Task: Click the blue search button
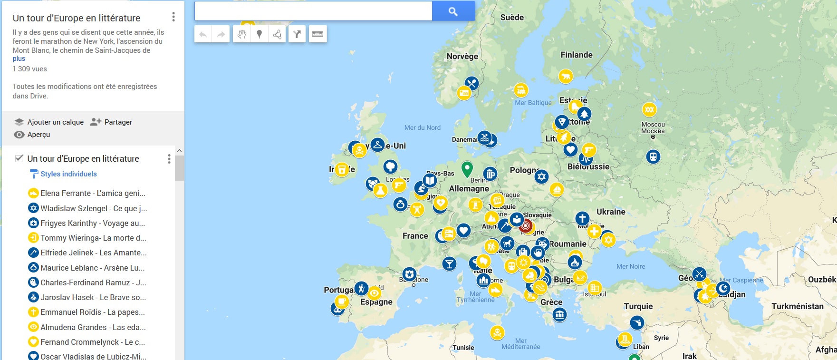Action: coord(453,11)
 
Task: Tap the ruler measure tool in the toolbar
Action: coord(317,34)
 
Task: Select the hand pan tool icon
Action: coord(242,34)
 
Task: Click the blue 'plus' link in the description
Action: coord(19,58)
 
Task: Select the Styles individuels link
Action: coord(68,174)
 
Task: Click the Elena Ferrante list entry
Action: coord(93,193)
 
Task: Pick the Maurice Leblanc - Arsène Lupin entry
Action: coord(92,268)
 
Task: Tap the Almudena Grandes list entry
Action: coord(93,327)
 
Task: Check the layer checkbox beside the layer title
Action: coord(19,158)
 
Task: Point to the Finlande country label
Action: coord(576,55)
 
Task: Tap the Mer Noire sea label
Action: coord(630,266)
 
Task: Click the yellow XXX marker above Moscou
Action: coord(649,109)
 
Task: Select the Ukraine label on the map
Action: coord(611,212)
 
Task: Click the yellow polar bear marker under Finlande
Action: coord(566,76)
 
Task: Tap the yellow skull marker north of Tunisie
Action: coord(497,332)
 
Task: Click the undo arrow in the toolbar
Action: coord(203,34)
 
